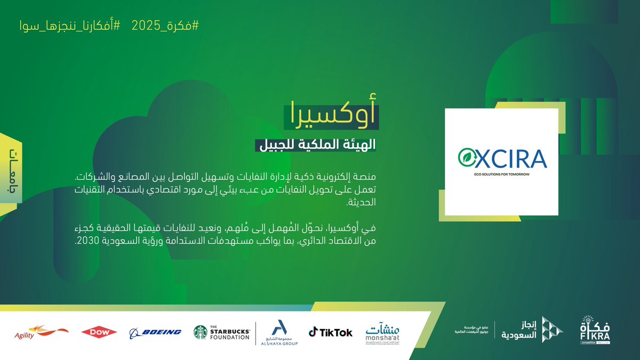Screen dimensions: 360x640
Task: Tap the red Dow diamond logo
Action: click(x=99, y=332)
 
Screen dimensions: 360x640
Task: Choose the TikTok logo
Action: click(x=331, y=332)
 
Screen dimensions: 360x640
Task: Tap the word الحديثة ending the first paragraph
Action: click(x=357, y=203)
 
